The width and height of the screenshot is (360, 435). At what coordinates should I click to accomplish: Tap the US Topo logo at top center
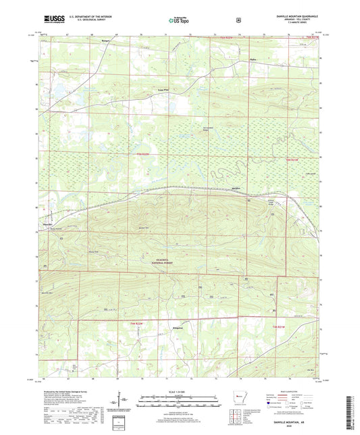pyautogui.click(x=178, y=20)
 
